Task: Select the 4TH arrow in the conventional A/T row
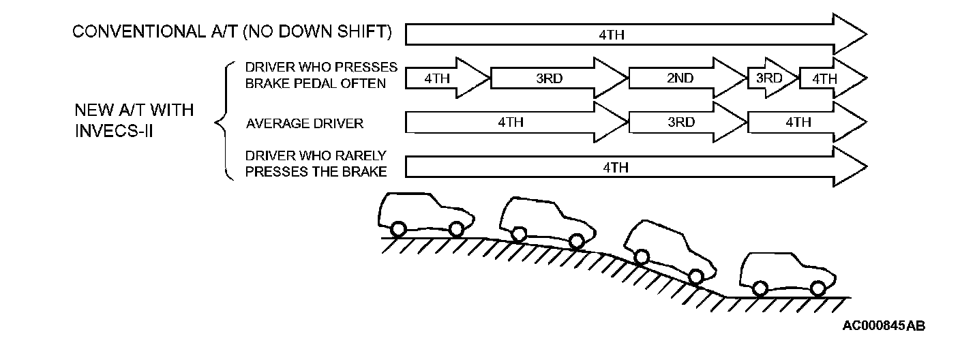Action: [614, 33]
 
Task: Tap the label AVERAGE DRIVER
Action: [304, 123]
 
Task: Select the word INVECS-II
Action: [114, 131]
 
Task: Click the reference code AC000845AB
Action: [884, 326]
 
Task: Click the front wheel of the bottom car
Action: [817, 288]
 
